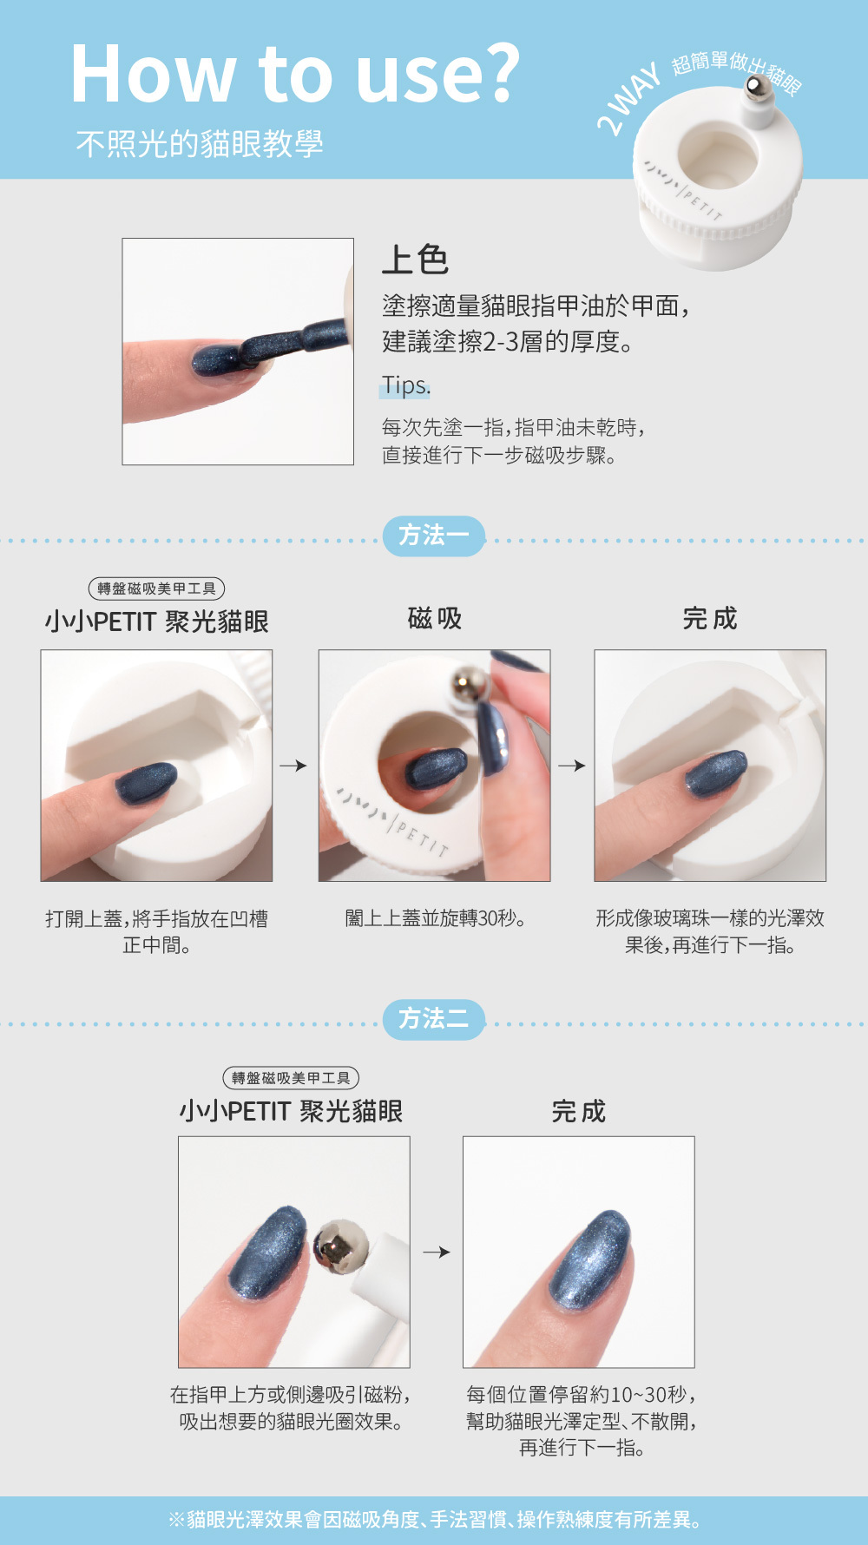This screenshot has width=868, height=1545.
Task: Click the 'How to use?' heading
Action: (x=295, y=75)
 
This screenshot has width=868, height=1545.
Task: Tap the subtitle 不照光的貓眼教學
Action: (x=200, y=143)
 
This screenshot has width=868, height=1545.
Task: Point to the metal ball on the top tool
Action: (x=758, y=88)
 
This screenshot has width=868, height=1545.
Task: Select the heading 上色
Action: (x=415, y=260)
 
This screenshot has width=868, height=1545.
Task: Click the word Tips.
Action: (x=405, y=385)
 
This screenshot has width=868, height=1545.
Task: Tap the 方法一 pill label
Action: (x=434, y=536)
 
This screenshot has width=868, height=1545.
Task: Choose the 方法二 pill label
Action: (x=434, y=1019)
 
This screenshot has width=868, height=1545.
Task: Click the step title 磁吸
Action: (x=435, y=619)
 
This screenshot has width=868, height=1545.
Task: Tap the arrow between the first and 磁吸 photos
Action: (x=293, y=766)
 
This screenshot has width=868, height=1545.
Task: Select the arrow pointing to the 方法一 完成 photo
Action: (x=572, y=766)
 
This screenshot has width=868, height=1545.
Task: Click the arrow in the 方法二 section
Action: (x=437, y=1252)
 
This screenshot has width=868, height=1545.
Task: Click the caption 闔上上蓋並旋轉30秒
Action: (x=435, y=918)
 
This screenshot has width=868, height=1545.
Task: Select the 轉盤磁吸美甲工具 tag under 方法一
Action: (x=156, y=588)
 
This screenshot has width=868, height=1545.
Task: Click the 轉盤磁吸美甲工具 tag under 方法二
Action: (x=291, y=1078)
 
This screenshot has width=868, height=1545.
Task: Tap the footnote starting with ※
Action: (x=434, y=1520)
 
